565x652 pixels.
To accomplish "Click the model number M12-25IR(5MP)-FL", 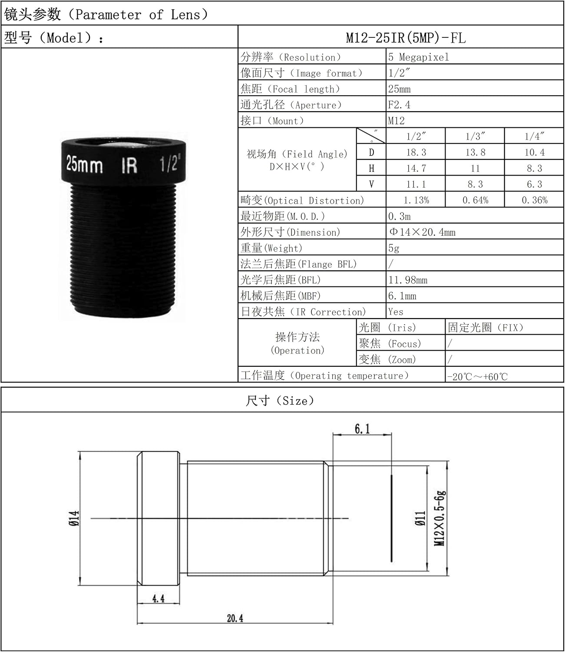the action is click(x=406, y=38).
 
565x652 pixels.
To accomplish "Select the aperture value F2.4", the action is click(x=399, y=105).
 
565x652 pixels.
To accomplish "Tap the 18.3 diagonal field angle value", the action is click(x=416, y=152).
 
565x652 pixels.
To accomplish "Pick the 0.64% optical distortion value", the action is click(x=475, y=200).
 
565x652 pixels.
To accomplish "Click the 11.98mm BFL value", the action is click(x=408, y=280).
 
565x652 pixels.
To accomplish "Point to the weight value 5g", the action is click(x=393, y=248).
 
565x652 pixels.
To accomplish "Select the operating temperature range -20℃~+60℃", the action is click(x=477, y=377).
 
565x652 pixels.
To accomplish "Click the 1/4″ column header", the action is click(x=535, y=136).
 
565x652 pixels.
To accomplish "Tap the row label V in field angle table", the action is click(x=371, y=184).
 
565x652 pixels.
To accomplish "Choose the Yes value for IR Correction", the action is click(x=396, y=312).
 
